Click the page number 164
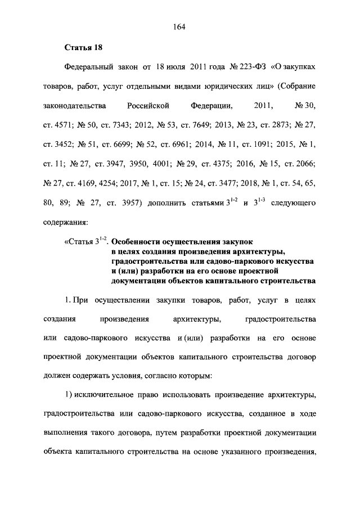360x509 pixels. click(180, 27)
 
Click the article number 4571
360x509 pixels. click(65, 124)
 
